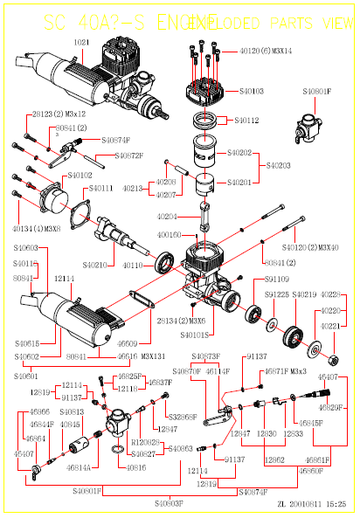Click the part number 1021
(x=81, y=42)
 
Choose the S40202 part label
(x=239, y=153)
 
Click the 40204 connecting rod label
(x=168, y=217)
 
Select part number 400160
(x=170, y=235)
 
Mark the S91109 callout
(x=276, y=279)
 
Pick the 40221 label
(x=329, y=326)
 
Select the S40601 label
(x=26, y=376)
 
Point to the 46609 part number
(x=128, y=344)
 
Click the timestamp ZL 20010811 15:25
(x=313, y=504)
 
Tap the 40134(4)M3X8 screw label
(x=37, y=229)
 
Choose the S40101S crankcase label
(x=195, y=335)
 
